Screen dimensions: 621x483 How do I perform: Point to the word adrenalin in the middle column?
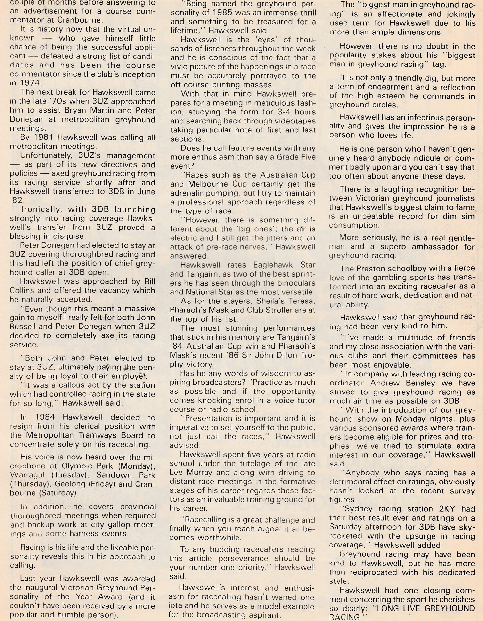coord(192,193)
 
